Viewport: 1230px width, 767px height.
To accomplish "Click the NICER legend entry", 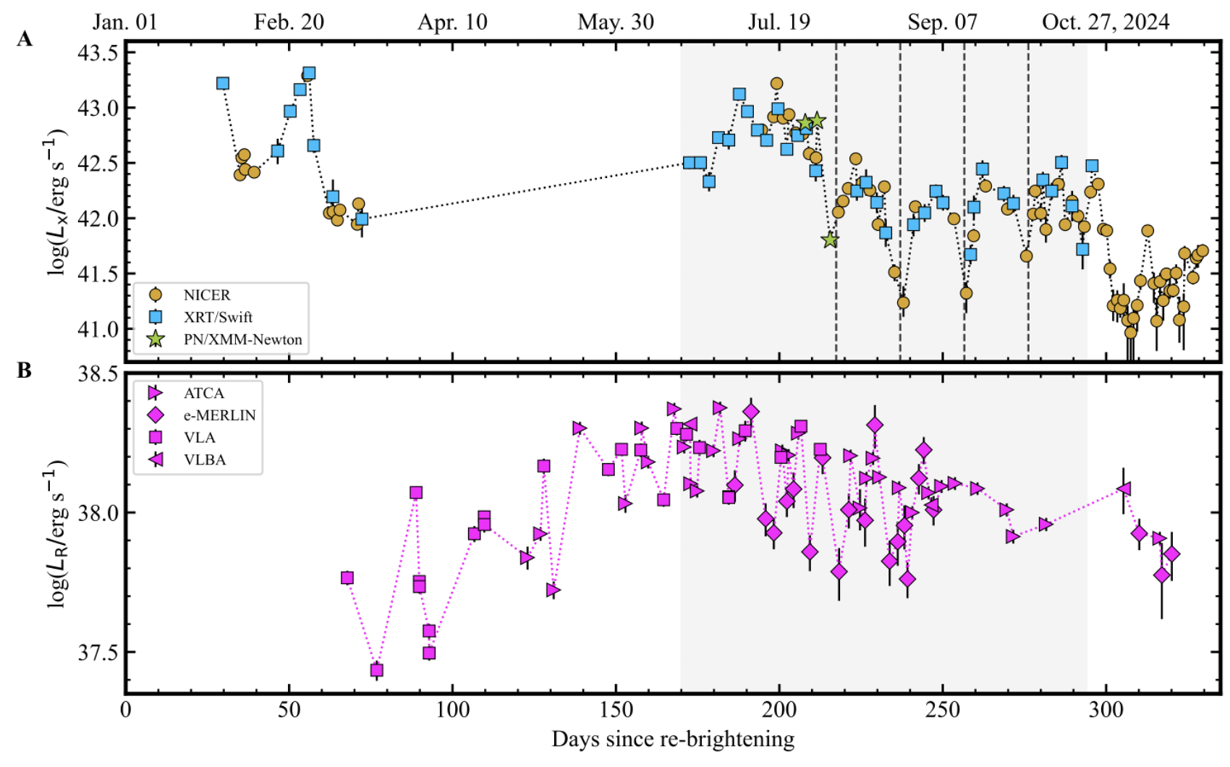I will point(206,295).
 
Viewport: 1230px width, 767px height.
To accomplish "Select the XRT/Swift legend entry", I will point(217,317).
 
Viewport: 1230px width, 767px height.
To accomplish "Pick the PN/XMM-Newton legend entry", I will point(242,339).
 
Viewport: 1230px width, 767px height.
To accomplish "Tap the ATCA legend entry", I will point(203,393).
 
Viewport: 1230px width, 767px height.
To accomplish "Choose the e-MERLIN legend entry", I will point(219,415).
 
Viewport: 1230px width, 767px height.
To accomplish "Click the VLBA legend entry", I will point(205,459).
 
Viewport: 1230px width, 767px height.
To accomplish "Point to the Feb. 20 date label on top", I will point(289,22).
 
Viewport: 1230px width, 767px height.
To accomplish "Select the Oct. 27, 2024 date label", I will point(1106,22).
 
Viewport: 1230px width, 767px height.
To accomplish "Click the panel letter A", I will point(25,39).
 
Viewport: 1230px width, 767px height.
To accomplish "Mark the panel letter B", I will point(25,370).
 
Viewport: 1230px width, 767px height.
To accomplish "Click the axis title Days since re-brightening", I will point(673,740).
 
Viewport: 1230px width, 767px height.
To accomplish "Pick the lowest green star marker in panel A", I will point(830,240).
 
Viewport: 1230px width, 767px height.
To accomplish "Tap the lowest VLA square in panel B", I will point(376,670).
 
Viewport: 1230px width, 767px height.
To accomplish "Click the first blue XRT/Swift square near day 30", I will point(223,83).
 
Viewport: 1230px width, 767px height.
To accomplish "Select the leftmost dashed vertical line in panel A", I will point(836,203).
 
